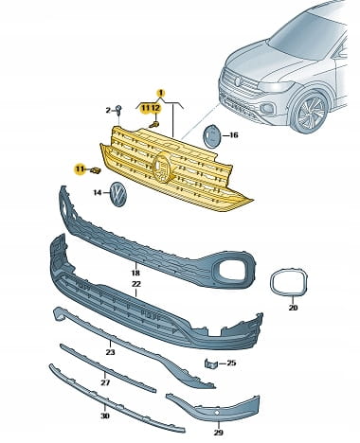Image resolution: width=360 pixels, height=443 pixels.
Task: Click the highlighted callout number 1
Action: pyautogui.click(x=161, y=93)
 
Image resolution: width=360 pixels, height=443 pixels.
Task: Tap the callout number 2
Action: pyautogui.click(x=108, y=111)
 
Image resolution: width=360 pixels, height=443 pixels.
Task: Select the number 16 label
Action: pyautogui.click(x=233, y=135)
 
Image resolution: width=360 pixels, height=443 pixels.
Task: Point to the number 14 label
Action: pyautogui.click(x=98, y=192)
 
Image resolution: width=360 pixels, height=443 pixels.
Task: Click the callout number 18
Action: pyautogui.click(x=135, y=273)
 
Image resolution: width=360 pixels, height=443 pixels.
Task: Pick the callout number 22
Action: pyautogui.click(x=136, y=284)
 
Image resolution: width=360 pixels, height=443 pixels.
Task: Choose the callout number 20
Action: pyautogui.click(x=293, y=308)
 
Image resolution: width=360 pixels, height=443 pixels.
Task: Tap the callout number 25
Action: pyautogui.click(x=231, y=363)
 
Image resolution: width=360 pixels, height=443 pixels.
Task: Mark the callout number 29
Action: pyautogui.click(x=218, y=433)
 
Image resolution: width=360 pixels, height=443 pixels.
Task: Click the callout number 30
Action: pyautogui.click(x=105, y=416)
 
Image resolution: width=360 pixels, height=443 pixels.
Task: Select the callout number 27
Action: pyautogui.click(x=105, y=382)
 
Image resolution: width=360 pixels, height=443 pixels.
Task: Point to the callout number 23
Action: pyautogui.click(x=110, y=352)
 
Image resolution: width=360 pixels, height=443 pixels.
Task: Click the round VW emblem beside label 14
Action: pyautogui.click(x=117, y=194)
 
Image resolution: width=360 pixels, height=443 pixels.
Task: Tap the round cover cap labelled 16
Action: pyautogui.click(x=210, y=136)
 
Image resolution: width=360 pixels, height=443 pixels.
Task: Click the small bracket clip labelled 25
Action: pyautogui.click(x=211, y=363)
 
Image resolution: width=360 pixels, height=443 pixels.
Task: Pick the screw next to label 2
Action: pyautogui.click(x=119, y=110)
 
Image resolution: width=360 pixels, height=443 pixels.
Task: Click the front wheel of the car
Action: pyautogui.click(x=309, y=112)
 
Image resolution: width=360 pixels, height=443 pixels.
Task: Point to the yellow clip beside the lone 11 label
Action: pyautogui.click(x=95, y=170)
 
